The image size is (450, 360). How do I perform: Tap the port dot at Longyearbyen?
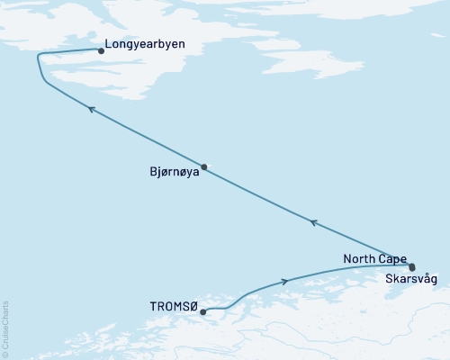tap(100, 51)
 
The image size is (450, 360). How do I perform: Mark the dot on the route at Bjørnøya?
tap(204, 166)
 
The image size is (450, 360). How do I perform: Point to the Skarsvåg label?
tap(411, 280)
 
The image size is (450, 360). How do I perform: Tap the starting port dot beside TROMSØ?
tap(203, 312)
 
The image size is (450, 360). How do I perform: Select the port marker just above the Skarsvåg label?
tap(412, 267)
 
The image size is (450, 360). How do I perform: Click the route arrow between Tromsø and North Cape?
tap(285, 282)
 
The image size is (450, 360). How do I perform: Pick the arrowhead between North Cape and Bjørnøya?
tap(312, 220)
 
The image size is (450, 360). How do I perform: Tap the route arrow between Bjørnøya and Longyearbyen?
tap(91, 108)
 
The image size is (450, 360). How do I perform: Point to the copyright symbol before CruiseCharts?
tap(5, 354)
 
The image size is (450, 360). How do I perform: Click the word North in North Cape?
tap(358, 259)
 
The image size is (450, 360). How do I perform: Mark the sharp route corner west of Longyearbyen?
tap(38, 56)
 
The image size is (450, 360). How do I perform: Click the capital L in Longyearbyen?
tap(109, 41)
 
